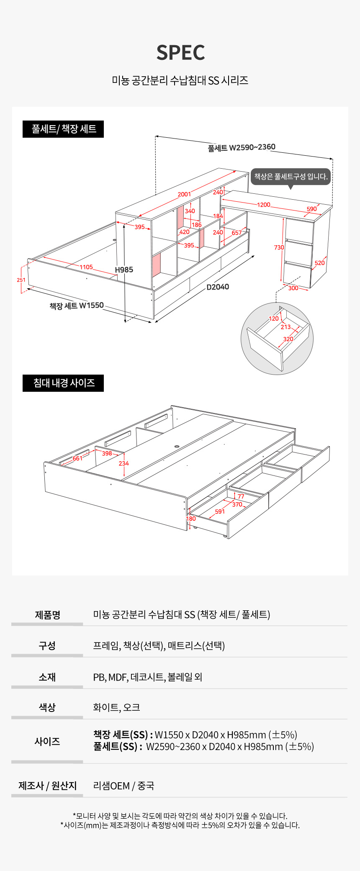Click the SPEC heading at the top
[180, 53]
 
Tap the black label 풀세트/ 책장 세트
[63, 129]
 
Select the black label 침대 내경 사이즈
[63, 383]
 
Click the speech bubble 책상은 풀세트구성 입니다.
[291, 177]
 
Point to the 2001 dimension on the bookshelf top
[184, 194]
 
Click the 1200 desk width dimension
[264, 205]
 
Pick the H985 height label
[124, 270]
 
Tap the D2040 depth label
[218, 287]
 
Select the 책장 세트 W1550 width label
[77, 306]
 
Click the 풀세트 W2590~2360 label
[242, 147]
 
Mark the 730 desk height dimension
[279, 247]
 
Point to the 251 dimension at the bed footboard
[21, 280]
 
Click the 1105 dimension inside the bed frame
[86, 267]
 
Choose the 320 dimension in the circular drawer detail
[288, 339]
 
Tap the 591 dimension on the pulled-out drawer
[220, 511]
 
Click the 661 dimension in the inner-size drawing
[77, 458]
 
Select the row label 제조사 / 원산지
[47, 786]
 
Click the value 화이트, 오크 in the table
[116, 707]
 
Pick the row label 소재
[47, 677]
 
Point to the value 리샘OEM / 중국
[123, 786]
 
